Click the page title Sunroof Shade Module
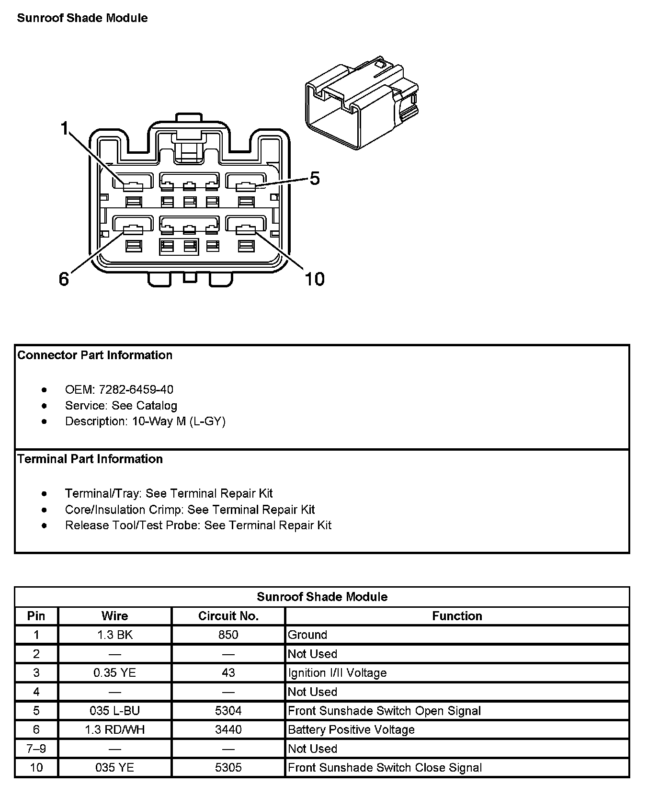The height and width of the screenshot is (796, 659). pos(82,18)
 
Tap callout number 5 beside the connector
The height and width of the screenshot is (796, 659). pos(314,179)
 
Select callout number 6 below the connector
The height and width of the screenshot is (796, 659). pos(64,279)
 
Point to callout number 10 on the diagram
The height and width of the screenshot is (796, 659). pos(315,279)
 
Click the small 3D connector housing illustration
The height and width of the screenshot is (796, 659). pos(362,103)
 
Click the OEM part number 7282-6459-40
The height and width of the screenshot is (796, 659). pos(136,389)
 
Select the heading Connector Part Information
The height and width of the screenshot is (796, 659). pos(95,355)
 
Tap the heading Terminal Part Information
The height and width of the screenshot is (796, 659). pos(90,459)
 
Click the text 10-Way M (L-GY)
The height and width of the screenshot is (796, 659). pos(179,421)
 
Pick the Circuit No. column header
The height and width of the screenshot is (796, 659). pos(228,616)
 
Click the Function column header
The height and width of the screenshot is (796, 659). pos(457,616)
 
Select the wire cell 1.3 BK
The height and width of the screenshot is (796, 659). pos(115,635)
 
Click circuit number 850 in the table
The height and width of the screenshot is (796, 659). pos(228,635)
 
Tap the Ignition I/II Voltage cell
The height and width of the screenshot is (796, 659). pos(337,673)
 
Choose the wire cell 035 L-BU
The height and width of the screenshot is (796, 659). pos(115,711)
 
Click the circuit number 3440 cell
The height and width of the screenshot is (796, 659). pos(228,729)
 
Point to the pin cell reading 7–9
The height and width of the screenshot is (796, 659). pos(36,749)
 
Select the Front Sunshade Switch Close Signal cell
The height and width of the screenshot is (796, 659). pos(385,768)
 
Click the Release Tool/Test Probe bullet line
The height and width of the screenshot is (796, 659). pos(198,525)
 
